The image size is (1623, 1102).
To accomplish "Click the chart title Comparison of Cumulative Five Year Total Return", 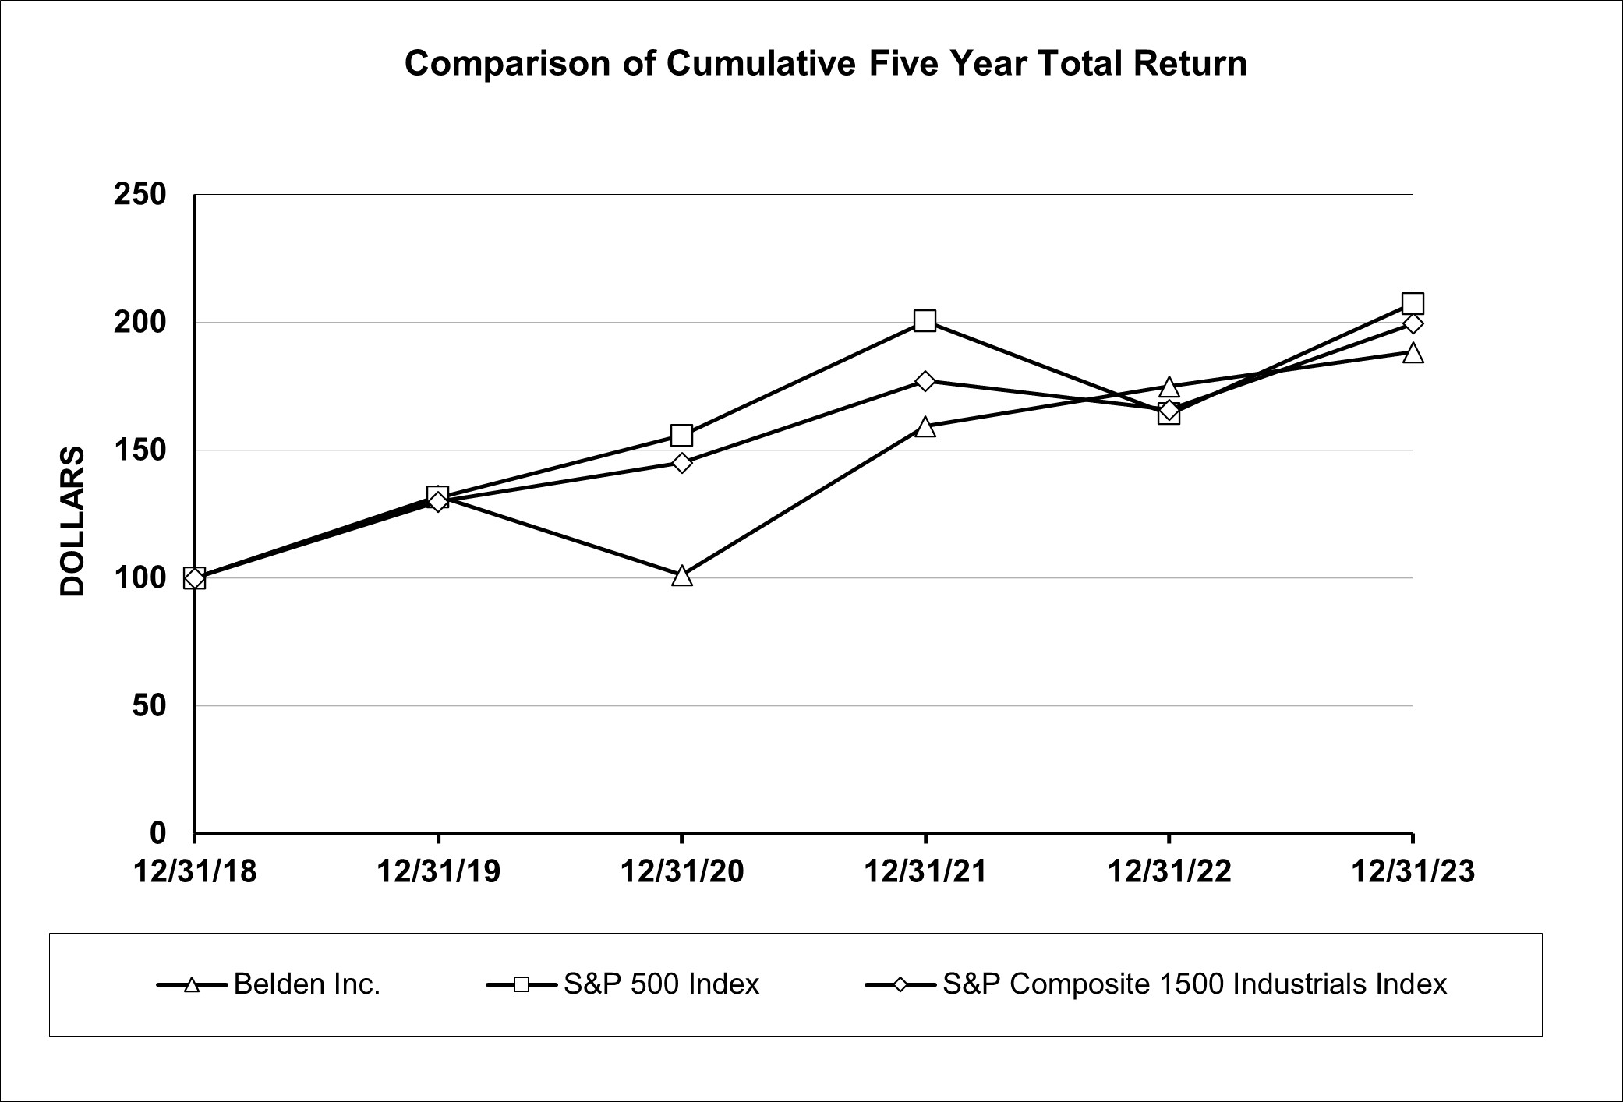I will coord(826,64).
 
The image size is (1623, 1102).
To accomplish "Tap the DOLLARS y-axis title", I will coord(72,521).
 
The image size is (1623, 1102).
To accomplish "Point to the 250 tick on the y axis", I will coord(140,194).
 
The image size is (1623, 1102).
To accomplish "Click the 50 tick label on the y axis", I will coord(149,706).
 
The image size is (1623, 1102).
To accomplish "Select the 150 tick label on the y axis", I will coord(140,450).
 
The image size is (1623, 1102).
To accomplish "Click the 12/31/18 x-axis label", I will coord(195,871).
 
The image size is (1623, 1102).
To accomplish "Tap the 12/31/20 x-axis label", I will coord(682,871).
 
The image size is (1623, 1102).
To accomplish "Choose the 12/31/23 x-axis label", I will coord(1413,871).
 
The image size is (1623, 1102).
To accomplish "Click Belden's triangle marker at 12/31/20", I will coord(682,577).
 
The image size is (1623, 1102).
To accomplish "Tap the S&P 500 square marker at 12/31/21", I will coord(925,320).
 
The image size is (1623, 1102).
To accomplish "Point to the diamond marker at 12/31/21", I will coord(925,381).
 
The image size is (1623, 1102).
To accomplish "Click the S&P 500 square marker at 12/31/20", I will coord(682,434).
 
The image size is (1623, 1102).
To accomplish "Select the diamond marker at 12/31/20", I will coord(682,463).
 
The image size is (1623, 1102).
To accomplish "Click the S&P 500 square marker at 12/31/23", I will coord(1413,303).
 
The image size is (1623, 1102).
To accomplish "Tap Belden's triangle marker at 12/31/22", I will coord(1169,387).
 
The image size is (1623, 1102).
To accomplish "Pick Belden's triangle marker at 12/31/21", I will coord(925,427).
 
